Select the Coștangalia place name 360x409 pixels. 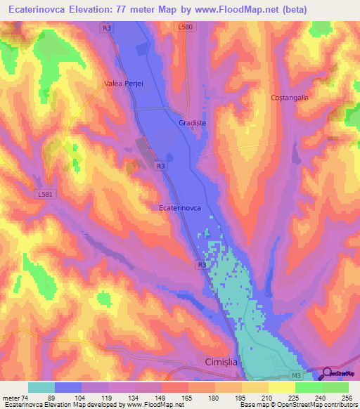290,98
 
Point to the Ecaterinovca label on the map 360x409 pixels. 181,208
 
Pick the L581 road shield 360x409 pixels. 44,193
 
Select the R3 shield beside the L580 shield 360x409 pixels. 106,27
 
